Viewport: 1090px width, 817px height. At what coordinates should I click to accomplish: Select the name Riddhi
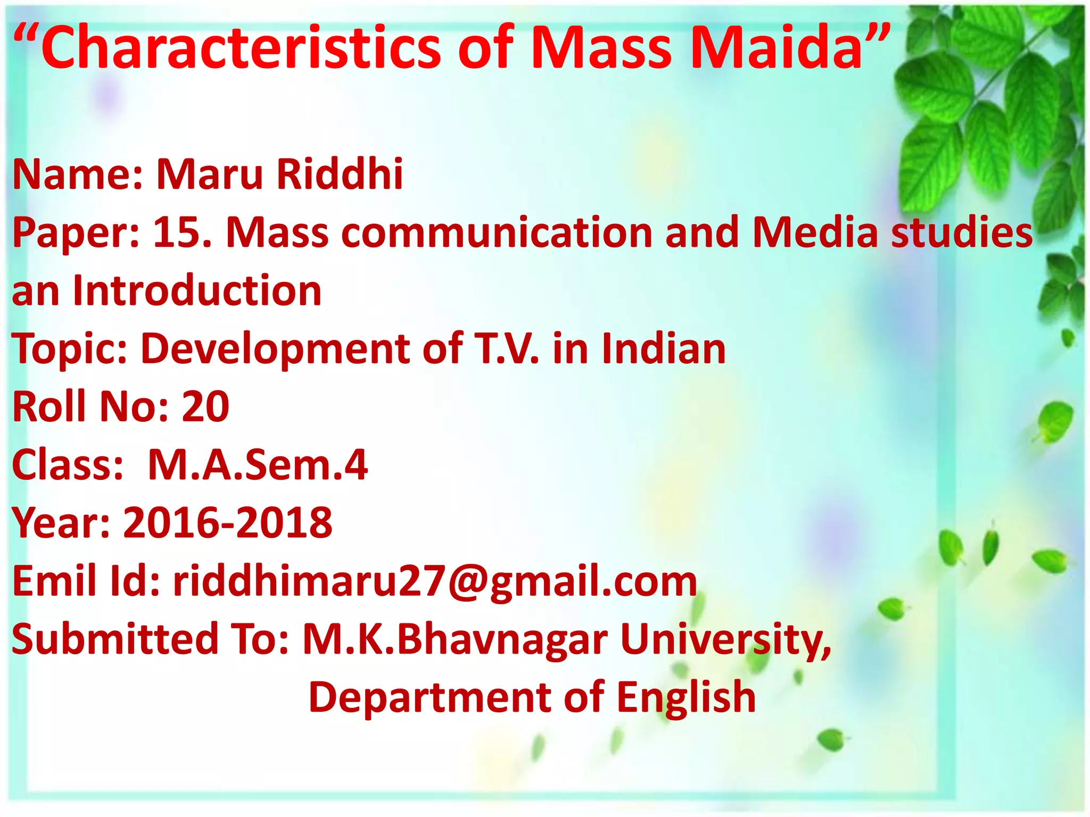click(x=340, y=174)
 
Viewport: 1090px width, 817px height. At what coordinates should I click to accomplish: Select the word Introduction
click(x=197, y=291)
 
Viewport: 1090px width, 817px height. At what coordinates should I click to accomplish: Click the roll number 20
click(x=205, y=407)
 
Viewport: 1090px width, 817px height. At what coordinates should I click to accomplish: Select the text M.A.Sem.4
click(x=258, y=465)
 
